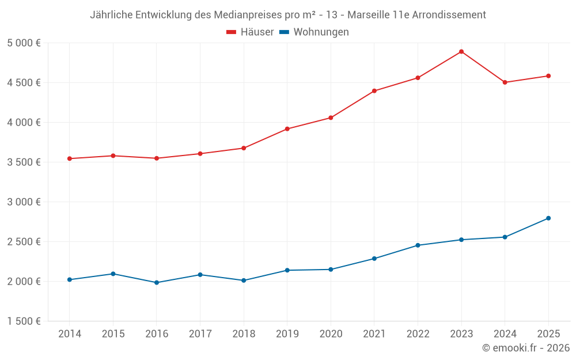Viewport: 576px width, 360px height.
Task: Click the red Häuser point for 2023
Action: coord(461,52)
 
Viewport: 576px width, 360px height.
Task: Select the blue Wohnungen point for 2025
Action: coord(548,218)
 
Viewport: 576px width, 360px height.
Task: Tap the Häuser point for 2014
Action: coord(70,158)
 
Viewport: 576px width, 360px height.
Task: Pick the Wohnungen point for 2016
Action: coord(157,283)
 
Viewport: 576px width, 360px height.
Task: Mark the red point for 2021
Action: coord(374,91)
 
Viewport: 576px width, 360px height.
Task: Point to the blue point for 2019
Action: coord(287,270)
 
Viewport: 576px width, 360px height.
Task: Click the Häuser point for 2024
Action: coord(505,82)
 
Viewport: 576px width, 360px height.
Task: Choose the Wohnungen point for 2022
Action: coord(418,245)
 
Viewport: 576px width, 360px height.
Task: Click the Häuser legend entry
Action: coord(250,32)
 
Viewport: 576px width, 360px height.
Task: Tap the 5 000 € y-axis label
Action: coord(24,43)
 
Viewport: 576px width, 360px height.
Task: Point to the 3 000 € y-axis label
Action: coord(24,202)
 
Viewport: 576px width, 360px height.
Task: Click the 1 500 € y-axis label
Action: coord(24,321)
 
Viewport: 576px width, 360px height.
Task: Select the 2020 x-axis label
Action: coord(331,334)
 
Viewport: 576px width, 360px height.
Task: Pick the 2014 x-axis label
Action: coord(70,334)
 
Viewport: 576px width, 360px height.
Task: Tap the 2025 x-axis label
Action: coord(548,334)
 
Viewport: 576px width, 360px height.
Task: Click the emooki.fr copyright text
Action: coord(526,348)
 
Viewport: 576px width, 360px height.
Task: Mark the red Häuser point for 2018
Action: coord(244,148)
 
